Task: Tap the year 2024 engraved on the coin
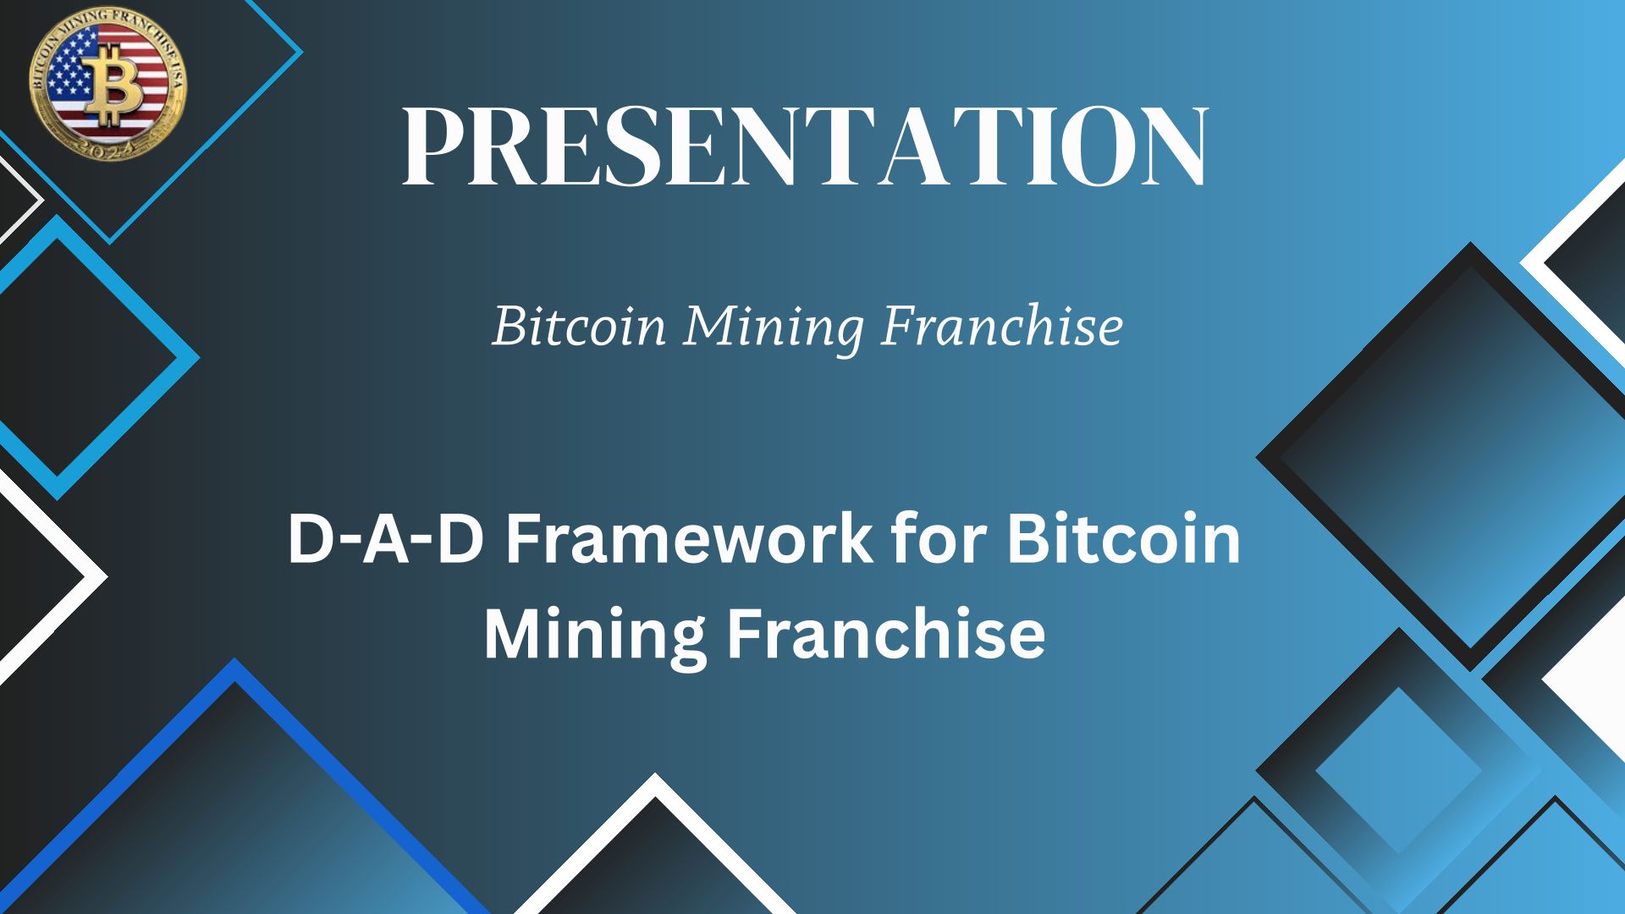coord(108,151)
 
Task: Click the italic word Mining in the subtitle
coord(774,328)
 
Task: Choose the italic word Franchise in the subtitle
coord(1001,325)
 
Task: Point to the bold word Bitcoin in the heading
coord(1123,538)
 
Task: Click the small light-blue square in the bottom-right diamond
coord(1398,771)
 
